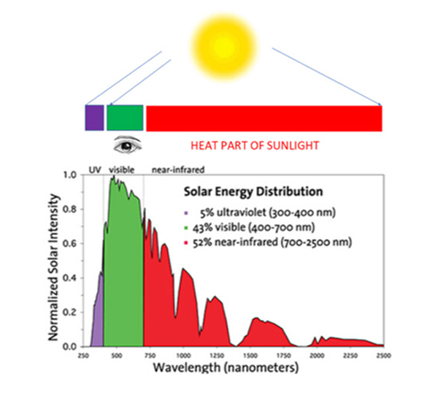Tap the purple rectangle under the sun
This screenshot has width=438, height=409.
point(94,118)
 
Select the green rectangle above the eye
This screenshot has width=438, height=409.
point(125,118)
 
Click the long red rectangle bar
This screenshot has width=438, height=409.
point(264,118)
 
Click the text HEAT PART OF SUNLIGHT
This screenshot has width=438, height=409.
point(255,145)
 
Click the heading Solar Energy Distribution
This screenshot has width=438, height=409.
point(252,193)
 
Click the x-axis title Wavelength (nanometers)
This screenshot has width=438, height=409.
point(226,367)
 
